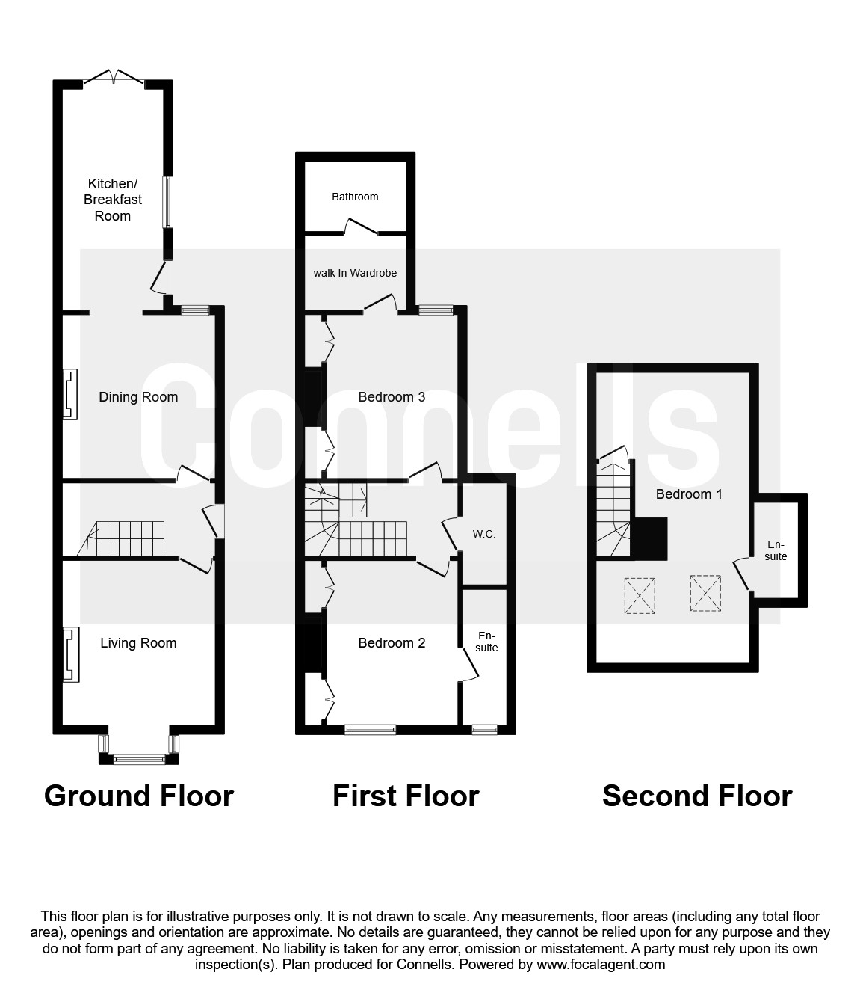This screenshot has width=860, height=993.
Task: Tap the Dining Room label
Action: (138, 397)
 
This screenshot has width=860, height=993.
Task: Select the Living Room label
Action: (138, 643)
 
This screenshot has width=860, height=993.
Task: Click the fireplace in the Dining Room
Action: (69, 394)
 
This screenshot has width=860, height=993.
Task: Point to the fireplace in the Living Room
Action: (69, 654)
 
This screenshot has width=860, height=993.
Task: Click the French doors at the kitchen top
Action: (114, 78)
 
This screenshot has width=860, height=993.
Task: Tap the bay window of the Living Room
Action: (138, 759)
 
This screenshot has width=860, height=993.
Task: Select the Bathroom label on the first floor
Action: (355, 197)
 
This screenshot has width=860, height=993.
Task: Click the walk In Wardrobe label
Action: (355, 273)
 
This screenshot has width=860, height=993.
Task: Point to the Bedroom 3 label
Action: (392, 397)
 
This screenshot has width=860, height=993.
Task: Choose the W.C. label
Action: (484, 534)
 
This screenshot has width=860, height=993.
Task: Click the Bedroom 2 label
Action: (392, 643)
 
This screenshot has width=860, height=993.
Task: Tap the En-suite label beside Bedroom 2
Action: (486, 642)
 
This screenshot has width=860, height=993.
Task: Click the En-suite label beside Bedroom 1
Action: (776, 550)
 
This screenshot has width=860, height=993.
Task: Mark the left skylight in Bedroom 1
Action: (640, 595)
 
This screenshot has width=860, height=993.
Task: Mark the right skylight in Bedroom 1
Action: (705, 594)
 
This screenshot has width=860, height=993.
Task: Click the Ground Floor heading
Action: (139, 796)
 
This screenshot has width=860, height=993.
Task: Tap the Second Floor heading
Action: (696, 796)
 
